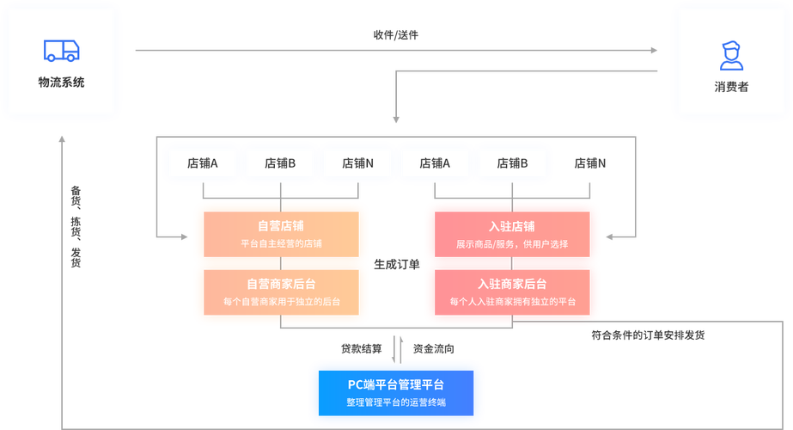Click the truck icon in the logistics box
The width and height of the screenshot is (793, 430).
tap(61, 51)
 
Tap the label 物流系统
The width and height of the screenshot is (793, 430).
tap(61, 83)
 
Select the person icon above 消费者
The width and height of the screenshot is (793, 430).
tap(730, 54)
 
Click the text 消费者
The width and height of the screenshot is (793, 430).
tap(731, 87)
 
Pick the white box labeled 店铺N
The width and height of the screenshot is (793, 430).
tap(357, 163)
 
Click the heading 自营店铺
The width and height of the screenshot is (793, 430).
tap(281, 226)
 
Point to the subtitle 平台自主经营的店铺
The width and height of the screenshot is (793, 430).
tap(281, 244)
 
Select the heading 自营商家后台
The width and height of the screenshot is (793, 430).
tap(281, 284)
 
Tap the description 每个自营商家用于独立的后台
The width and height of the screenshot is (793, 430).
tap(281, 302)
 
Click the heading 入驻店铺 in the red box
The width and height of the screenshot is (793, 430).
tap(512, 226)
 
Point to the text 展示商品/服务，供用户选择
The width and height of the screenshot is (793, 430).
tap(512, 244)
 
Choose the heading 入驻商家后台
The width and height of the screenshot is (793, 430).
tap(512, 284)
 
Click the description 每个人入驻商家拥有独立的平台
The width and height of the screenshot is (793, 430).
tap(512, 302)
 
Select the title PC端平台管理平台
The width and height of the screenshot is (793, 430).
tap(396, 384)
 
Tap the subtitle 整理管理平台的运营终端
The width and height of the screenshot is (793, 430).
tap(396, 402)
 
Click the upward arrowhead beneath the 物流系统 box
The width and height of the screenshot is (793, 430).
tap(61, 138)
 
